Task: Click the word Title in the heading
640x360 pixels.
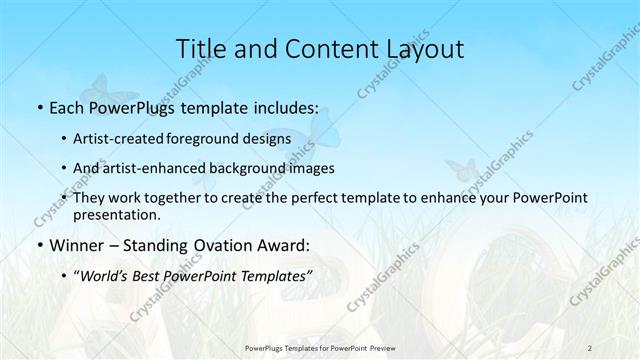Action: tap(201, 48)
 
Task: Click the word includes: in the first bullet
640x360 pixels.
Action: tap(283, 106)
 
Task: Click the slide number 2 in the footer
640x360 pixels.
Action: tap(589, 347)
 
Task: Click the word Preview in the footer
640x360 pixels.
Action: tap(395, 347)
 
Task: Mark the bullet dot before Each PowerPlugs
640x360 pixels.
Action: tap(38, 107)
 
